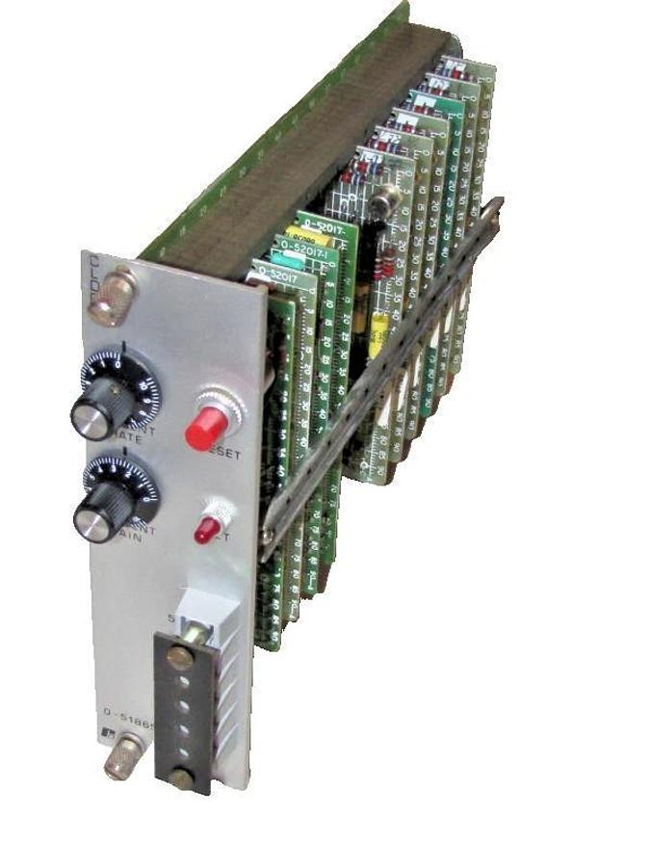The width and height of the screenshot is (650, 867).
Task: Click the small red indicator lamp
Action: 204,528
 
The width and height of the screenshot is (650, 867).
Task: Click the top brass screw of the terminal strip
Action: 179,658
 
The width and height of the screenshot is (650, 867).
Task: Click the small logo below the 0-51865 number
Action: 110,738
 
